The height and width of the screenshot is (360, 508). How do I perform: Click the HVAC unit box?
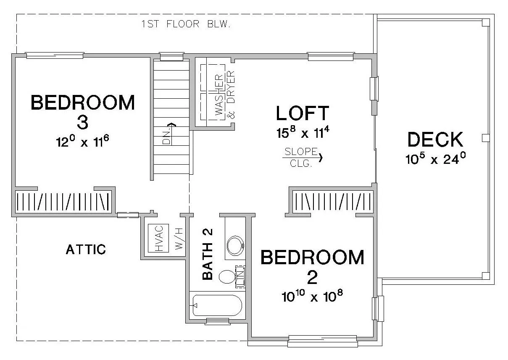tap(158, 238)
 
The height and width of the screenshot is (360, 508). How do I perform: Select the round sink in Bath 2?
tap(235, 246)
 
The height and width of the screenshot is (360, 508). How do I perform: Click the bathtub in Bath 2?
tap(217, 305)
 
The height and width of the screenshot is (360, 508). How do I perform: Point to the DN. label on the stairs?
tap(166, 137)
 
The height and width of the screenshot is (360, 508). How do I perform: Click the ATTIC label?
tap(86, 250)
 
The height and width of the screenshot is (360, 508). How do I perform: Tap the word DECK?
tap(435, 139)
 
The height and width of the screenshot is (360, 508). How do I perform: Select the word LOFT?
tap(303, 113)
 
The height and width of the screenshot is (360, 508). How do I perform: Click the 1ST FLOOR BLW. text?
tap(186, 24)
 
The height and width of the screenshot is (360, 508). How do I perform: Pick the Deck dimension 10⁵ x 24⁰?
tap(435, 158)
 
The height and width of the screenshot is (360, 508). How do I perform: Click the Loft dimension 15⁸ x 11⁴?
tap(303, 132)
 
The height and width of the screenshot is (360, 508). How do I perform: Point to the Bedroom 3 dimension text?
tap(82, 141)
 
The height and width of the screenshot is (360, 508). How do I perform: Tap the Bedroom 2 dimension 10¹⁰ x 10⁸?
tap(312, 296)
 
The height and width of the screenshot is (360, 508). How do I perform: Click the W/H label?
tap(179, 239)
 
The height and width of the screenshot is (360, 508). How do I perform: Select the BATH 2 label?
tap(208, 254)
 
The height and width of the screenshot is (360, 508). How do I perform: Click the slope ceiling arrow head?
tap(321, 158)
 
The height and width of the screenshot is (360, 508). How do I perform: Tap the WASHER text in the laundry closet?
tap(219, 95)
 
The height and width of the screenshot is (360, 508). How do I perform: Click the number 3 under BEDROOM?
tap(82, 122)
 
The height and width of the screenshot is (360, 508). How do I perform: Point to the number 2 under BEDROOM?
tap(312, 277)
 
